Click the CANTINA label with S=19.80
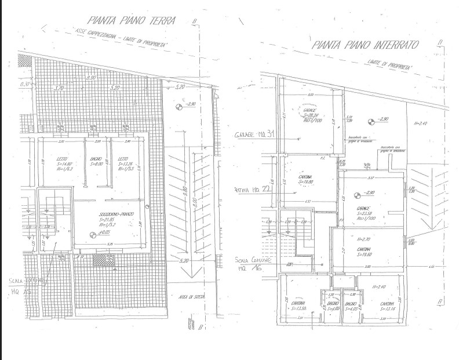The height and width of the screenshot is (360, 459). [306, 179]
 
